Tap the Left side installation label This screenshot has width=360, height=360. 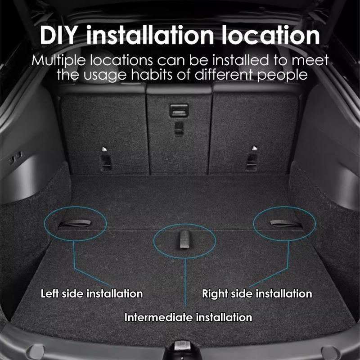tap(92, 294)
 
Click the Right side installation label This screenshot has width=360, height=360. tap(257, 294)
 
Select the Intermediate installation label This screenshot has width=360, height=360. tap(188, 318)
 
